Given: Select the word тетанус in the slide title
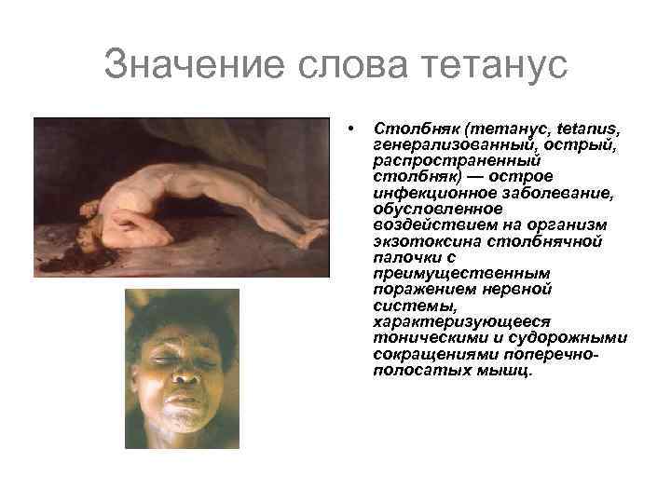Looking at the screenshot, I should click(495, 66).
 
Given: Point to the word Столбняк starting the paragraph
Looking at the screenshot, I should click(406, 126).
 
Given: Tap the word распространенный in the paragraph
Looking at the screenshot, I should click(431, 158).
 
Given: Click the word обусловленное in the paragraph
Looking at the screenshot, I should click(424, 207).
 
